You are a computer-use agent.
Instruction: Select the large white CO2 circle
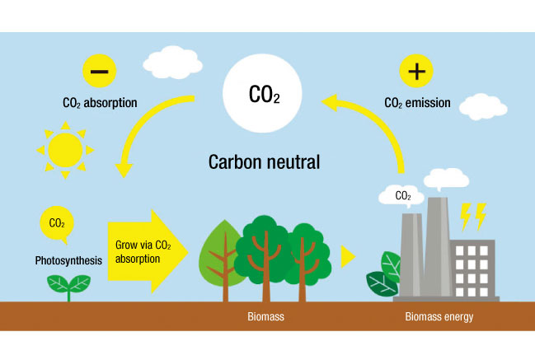265,93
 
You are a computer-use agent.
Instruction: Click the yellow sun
65,150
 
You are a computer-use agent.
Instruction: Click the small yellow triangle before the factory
348,256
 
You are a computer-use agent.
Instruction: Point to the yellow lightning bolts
472,217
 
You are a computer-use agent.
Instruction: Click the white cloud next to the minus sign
172,60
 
